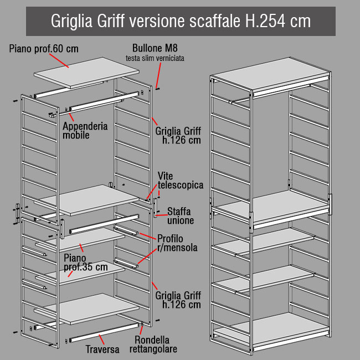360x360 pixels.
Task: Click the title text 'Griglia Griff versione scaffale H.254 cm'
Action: point(181,21)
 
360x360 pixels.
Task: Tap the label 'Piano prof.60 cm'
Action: point(44,49)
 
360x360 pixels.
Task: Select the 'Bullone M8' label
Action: point(155,48)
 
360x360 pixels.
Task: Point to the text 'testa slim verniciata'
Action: point(155,58)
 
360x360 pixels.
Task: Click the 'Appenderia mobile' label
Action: point(85,130)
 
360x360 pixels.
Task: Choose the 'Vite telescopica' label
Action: point(181,181)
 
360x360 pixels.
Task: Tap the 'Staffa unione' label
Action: point(181,216)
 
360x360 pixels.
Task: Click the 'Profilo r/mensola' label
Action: point(177,243)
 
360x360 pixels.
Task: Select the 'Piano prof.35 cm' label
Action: point(86,263)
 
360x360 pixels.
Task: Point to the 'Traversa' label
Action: point(102,349)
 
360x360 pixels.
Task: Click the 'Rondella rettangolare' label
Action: point(153,344)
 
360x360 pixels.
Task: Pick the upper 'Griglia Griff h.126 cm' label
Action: point(178,136)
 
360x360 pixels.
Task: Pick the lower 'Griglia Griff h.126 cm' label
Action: point(178,300)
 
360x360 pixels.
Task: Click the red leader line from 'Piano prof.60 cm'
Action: point(59,60)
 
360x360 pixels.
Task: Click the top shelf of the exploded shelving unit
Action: point(86,73)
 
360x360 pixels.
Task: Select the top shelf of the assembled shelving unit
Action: point(270,74)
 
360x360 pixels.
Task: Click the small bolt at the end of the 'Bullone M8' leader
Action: point(157,89)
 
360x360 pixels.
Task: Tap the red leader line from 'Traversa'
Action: point(101,340)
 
